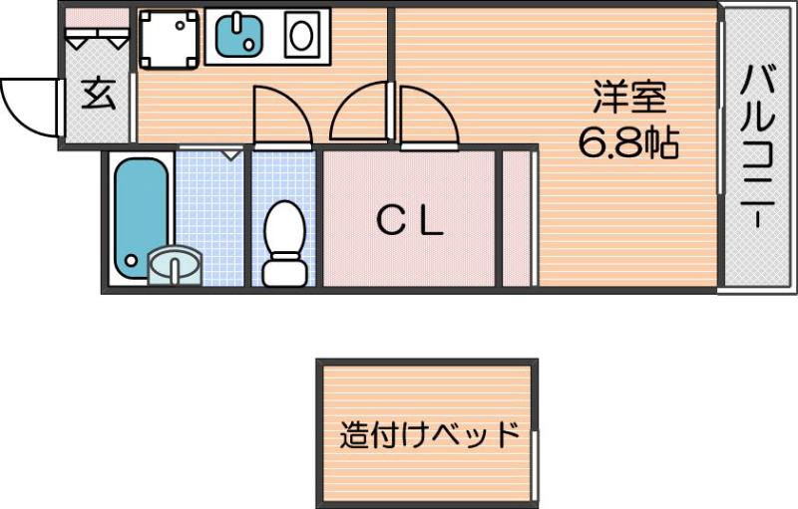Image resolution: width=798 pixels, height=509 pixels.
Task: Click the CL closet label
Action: coord(409,222)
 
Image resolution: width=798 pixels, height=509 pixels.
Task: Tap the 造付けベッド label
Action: coord(429,435)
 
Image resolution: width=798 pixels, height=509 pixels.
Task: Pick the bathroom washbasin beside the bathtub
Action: coord(175,267)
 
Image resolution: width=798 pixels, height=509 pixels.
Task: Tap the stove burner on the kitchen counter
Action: coord(300,37)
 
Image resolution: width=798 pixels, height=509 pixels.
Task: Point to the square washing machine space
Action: coord(167,37)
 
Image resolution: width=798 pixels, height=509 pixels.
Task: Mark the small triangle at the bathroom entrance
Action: coord(231,154)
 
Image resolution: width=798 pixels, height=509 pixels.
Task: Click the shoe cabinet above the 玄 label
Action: coord(98,38)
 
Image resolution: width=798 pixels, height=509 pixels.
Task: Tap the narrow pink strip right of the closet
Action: coord(516,218)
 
